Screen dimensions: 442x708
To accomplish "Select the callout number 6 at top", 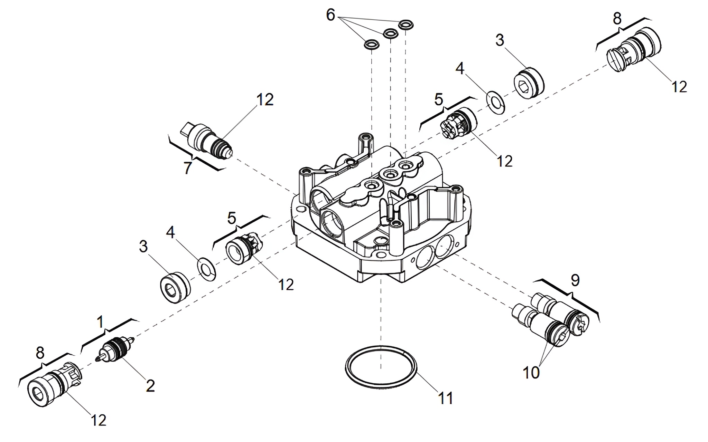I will (x=330, y=15).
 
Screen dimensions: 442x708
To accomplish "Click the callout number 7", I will (x=187, y=168).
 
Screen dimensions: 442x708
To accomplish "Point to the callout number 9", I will (x=575, y=281).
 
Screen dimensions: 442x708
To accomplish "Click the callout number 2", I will (x=150, y=386).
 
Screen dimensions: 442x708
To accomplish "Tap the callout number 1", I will (x=100, y=322).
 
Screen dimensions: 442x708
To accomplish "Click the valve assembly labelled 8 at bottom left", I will (x=54, y=387).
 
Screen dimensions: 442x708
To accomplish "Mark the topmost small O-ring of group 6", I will (x=406, y=25).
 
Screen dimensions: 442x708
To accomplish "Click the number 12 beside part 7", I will (x=265, y=100).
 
